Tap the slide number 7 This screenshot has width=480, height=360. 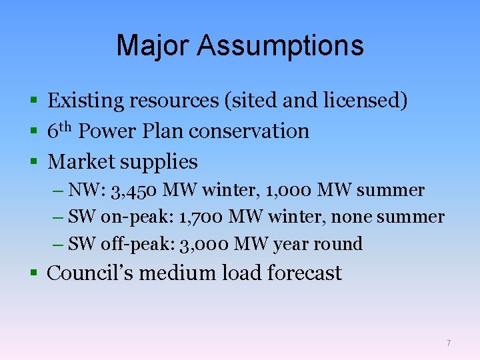449,343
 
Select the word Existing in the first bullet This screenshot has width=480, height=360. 86,101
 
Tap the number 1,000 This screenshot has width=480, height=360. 289,191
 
